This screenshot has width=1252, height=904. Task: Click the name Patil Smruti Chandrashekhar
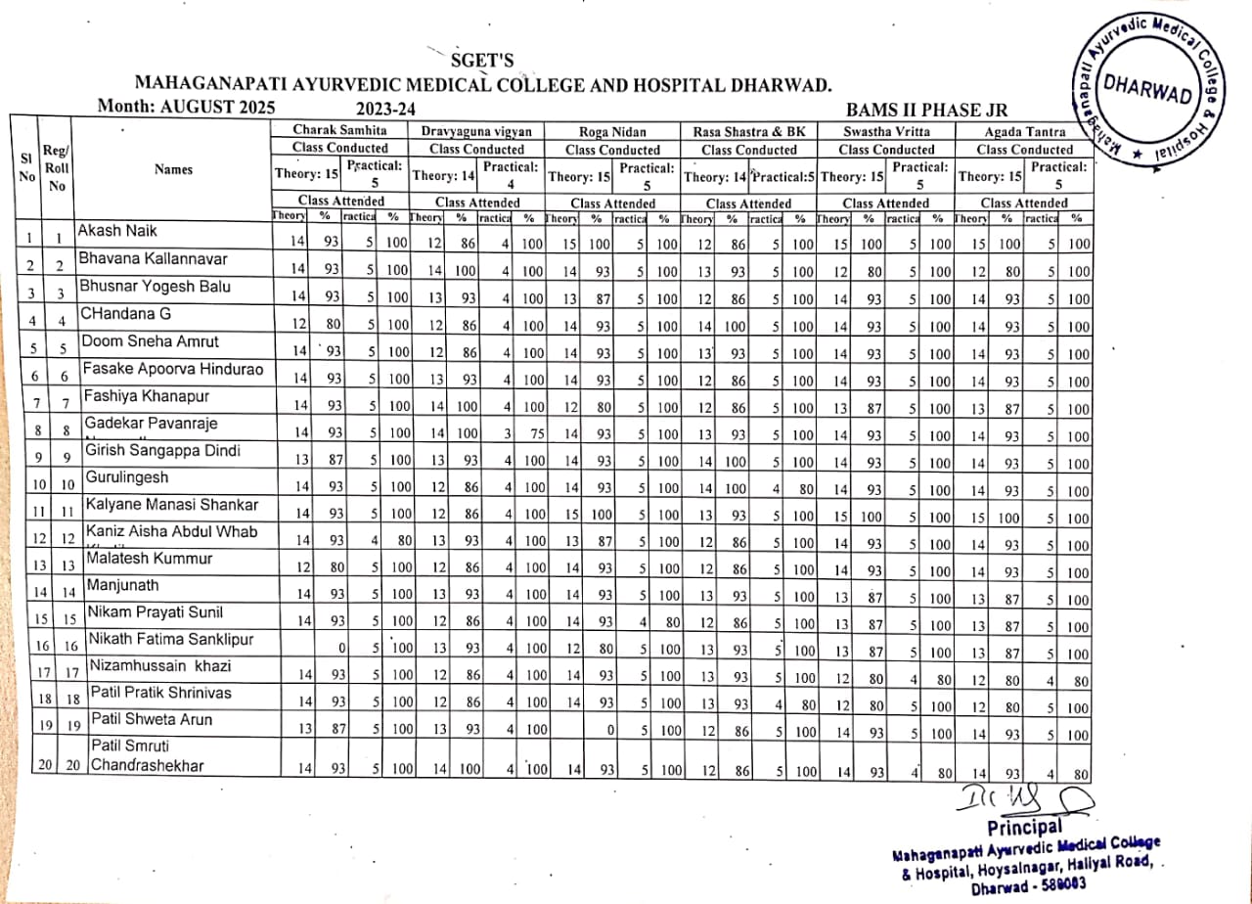pyautogui.click(x=147, y=756)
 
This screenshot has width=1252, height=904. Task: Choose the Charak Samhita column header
pyautogui.click(x=339, y=130)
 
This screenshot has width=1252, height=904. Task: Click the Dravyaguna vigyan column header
pyautogui.click(x=476, y=130)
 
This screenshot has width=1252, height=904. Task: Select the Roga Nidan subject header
pyautogui.click(x=613, y=130)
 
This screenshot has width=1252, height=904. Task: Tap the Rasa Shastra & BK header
pyautogui.click(x=748, y=130)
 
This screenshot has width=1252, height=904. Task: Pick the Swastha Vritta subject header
pyautogui.click(x=886, y=130)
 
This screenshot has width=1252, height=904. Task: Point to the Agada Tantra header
pyautogui.click(x=1024, y=130)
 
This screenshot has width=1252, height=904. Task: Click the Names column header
pyautogui.click(x=173, y=169)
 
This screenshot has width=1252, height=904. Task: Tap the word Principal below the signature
pyautogui.click(x=1025, y=828)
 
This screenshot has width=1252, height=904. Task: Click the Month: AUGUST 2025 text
pyautogui.click(x=187, y=107)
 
